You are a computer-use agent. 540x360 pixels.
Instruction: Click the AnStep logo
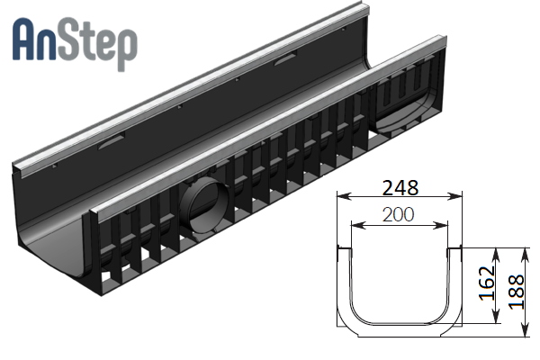coord(75,44)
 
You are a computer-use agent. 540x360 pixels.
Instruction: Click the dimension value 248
coord(400,188)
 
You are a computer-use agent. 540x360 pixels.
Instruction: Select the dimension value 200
coord(398,214)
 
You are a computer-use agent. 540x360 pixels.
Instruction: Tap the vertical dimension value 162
coord(487,283)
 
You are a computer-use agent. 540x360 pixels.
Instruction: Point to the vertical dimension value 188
coord(517,292)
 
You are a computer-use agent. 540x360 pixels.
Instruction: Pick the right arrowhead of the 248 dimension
coord(454,197)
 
